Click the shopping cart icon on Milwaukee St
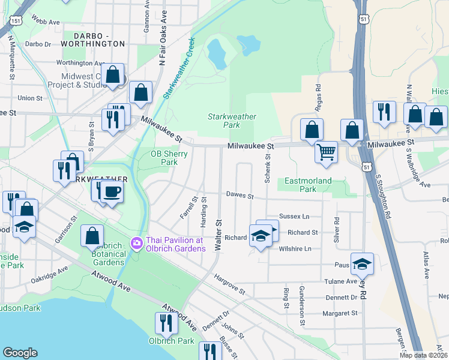[326, 151]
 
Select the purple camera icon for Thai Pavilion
[136, 243]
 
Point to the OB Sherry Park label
[169, 158]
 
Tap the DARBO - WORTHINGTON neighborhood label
[92, 39]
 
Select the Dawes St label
[240, 195]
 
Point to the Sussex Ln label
[294, 216]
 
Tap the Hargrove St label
[230, 283]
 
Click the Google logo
[20, 353]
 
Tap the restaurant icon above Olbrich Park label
[166, 323]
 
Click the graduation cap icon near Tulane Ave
[363, 263]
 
